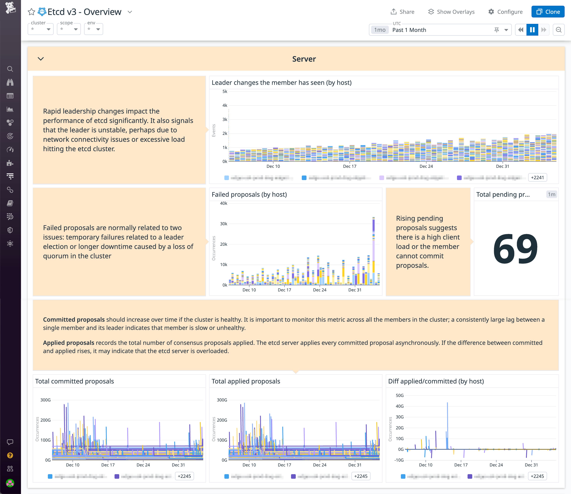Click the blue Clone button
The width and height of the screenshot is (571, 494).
(548, 12)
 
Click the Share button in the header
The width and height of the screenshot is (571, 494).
(402, 12)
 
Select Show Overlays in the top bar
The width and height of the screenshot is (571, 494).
(451, 12)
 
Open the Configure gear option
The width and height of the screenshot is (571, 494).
(505, 12)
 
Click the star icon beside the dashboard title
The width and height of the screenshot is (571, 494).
(31, 12)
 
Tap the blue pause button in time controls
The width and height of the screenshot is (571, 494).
(532, 30)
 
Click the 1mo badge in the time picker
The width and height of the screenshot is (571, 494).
(380, 30)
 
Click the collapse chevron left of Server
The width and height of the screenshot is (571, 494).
(41, 59)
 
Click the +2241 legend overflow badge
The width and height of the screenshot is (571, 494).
(537, 178)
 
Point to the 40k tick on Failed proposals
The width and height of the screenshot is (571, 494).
(224, 203)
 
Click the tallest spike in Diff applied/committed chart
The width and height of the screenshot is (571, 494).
(447, 424)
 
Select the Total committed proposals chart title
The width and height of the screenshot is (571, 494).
(74, 381)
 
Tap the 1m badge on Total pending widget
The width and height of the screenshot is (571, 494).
(551, 194)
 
